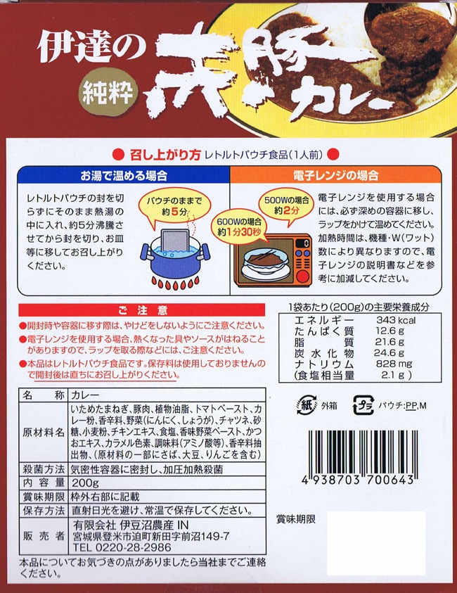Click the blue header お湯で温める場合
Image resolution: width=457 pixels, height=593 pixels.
(124, 175)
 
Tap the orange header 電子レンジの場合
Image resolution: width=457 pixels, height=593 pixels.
(335, 175)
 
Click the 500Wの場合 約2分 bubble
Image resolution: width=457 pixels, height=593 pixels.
(287, 205)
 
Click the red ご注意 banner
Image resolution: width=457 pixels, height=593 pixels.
(142, 310)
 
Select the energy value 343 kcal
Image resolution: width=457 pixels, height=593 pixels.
(395, 320)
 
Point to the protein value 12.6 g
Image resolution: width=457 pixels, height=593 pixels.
(390, 331)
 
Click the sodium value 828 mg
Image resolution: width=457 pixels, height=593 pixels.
(394, 364)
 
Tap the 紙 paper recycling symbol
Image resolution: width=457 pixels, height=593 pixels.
(307, 405)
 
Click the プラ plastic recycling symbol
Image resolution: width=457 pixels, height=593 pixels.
(363, 405)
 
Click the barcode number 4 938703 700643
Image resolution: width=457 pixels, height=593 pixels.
(358, 480)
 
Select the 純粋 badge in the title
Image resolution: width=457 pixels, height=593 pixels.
(108, 93)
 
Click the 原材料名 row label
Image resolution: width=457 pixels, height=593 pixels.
(43, 433)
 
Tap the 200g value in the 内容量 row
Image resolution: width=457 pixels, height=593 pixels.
(85, 483)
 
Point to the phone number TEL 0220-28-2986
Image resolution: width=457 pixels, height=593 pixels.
(122, 547)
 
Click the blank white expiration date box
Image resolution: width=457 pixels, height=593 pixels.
(375, 542)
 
